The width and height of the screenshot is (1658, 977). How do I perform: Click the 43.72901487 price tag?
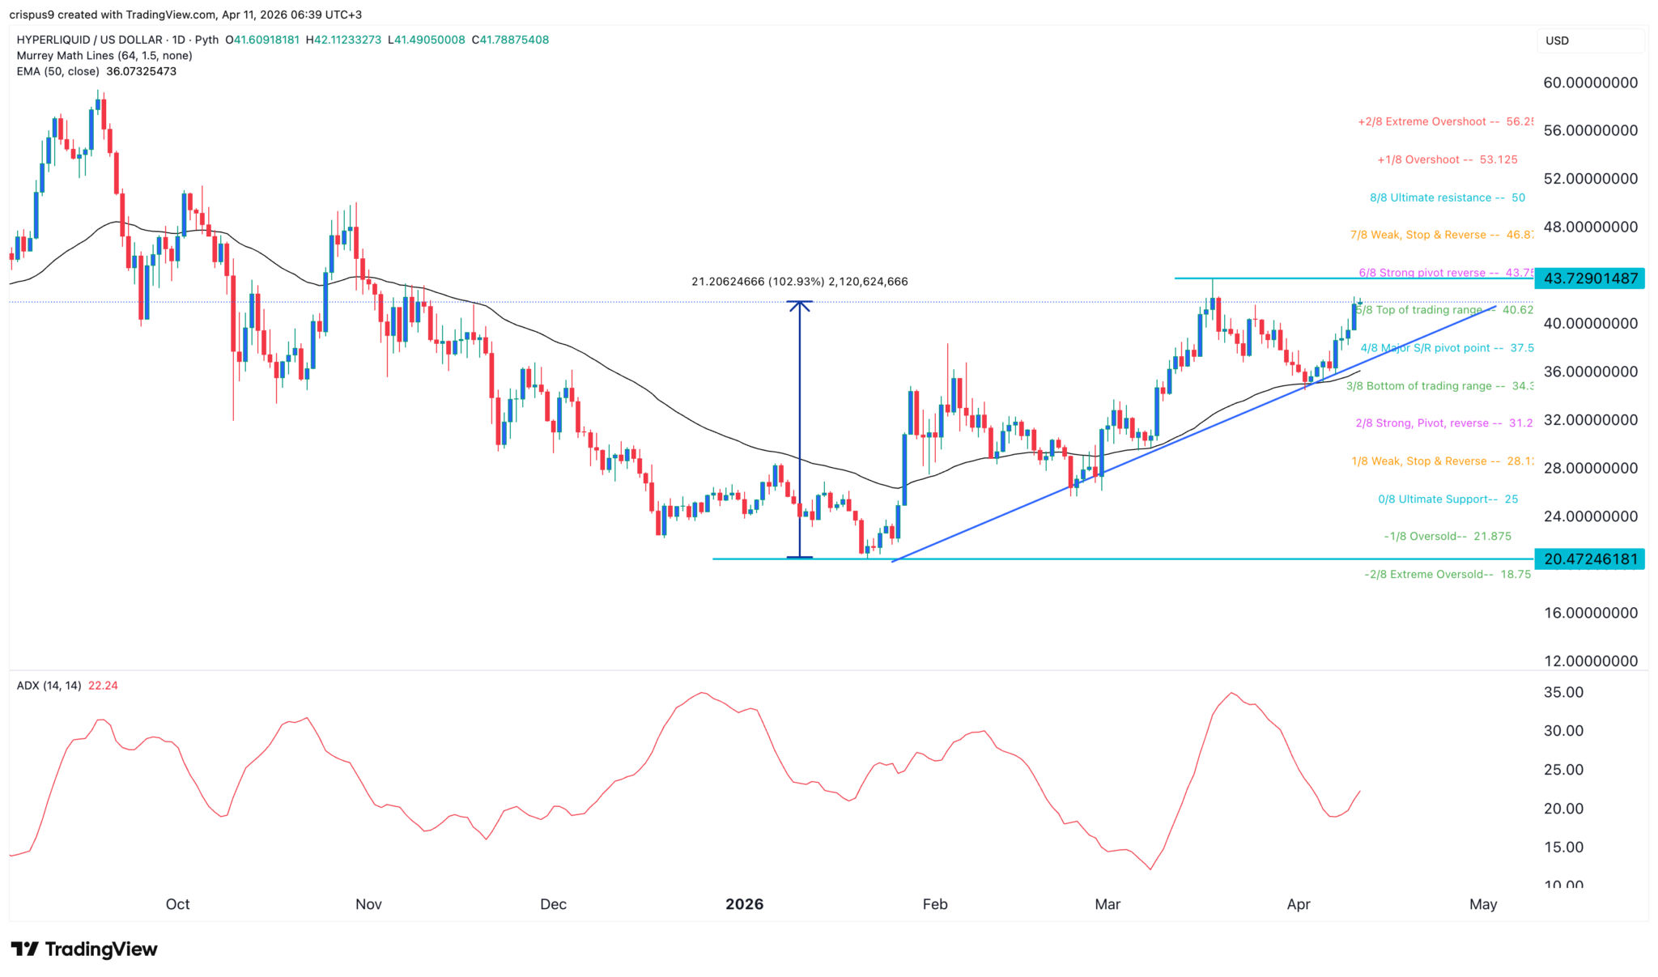[x=1590, y=278]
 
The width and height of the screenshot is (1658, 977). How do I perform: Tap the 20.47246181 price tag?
[x=1590, y=559]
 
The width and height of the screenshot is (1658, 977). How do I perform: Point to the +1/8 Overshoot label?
[x=1447, y=159]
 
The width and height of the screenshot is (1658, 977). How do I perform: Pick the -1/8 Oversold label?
[x=1448, y=536]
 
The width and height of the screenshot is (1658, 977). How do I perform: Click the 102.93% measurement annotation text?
[x=799, y=282]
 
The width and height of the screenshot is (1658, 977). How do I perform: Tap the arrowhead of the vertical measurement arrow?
[x=800, y=305]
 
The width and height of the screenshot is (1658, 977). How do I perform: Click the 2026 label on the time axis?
[x=744, y=904]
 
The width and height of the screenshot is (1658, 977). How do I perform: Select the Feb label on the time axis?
[x=934, y=904]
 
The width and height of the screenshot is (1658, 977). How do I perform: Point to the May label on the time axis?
[x=1483, y=904]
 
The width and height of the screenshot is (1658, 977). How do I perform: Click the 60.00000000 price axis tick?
[x=1591, y=83]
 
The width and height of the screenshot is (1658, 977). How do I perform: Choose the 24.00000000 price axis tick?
[x=1591, y=516]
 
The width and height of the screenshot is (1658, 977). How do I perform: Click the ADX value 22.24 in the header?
[x=103, y=686]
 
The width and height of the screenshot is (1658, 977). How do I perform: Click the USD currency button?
[x=1558, y=40]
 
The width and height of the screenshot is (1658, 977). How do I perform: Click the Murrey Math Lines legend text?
[x=104, y=56]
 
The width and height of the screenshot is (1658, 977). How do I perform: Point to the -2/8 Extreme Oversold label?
[x=1447, y=574]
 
